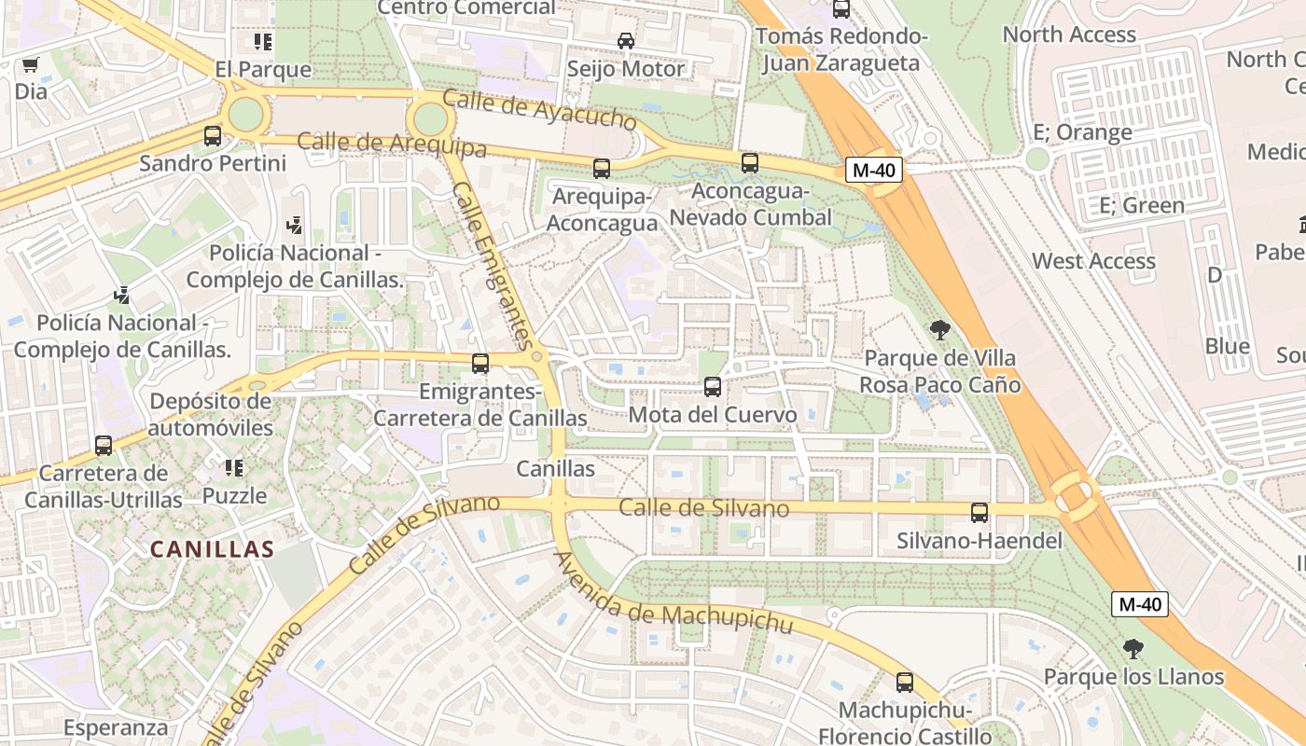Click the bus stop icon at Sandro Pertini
[x=213, y=136]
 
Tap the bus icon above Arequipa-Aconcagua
[x=602, y=169]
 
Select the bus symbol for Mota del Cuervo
[x=713, y=387]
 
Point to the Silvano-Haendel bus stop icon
[x=979, y=513]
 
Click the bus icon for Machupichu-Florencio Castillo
[x=905, y=683]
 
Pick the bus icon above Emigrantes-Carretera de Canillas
[x=480, y=364]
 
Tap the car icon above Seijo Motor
[x=626, y=41]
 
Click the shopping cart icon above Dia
[x=30, y=65]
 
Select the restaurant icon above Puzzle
[x=234, y=467]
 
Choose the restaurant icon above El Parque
[x=263, y=42]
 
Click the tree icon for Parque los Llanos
[x=1133, y=649]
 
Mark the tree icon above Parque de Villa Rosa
[x=940, y=329]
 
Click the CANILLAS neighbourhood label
[x=213, y=549]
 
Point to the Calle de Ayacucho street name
[x=539, y=110]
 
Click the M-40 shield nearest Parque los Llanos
[x=1140, y=604]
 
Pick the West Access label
[x=1093, y=261]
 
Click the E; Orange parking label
[x=1082, y=132]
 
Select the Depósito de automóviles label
[x=211, y=415]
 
